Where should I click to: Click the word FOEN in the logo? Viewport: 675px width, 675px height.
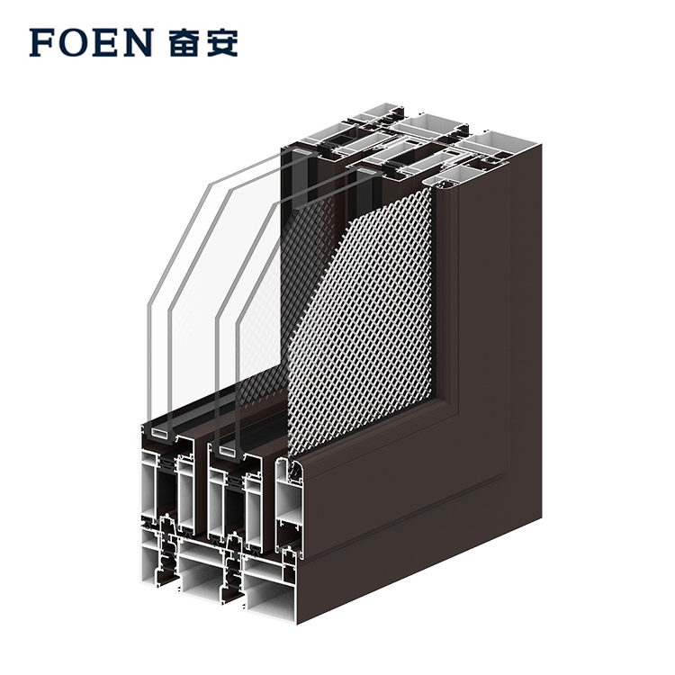tap(90, 42)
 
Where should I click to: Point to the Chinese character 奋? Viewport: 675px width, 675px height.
tap(184, 42)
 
